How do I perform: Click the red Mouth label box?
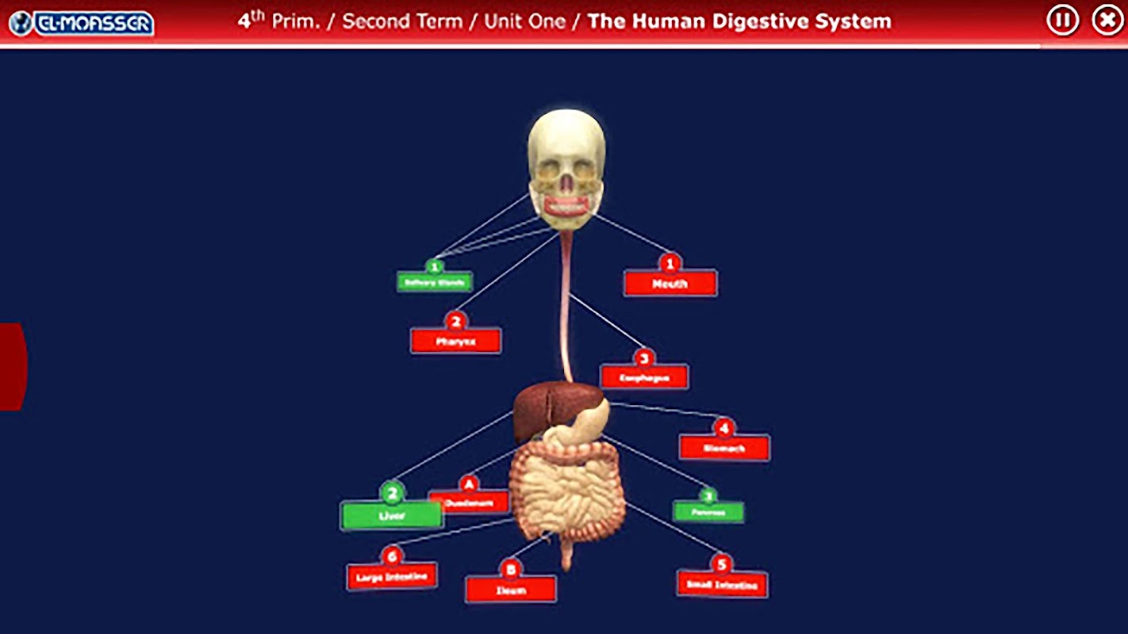pos(670,284)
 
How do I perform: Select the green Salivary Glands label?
pos(435,281)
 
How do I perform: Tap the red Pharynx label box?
pos(455,342)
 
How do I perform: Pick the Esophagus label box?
pos(643,377)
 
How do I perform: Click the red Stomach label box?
pos(723,448)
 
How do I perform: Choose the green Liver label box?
pos(391,516)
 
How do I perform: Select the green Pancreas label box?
pos(708,512)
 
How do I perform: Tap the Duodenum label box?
pos(469,502)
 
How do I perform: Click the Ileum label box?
pos(511,590)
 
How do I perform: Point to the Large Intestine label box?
pos(392,577)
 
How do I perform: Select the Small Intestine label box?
pos(722,586)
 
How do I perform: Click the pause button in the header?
pos(1062,20)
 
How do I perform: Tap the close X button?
pos(1107,20)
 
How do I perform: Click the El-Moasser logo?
pos(81,22)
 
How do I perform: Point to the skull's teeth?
pos(566,205)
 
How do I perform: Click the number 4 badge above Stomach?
pos(723,428)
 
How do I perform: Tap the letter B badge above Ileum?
pos(510,569)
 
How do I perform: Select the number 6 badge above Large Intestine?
pos(391,556)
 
